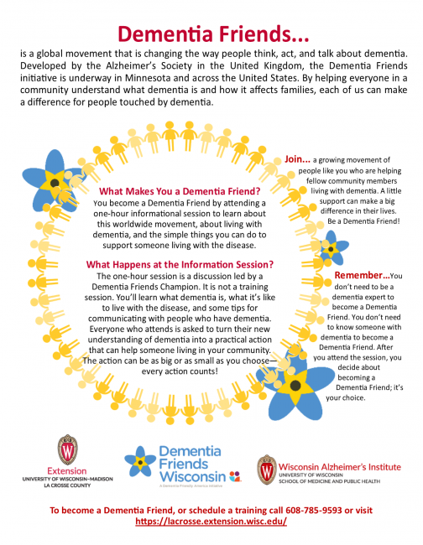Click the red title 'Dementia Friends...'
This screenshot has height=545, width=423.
pyautogui.click(x=212, y=33)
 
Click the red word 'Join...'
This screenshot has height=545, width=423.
pyautogui.click(x=298, y=158)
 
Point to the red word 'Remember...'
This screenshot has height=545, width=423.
pyautogui.click(x=362, y=275)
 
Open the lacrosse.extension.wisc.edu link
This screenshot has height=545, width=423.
pyautogui.click(x=211, y=521)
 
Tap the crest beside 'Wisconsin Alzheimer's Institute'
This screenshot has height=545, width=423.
pyautogui.click(x=266, y=470)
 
